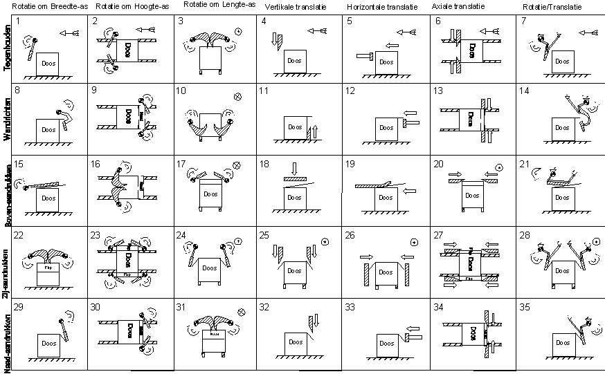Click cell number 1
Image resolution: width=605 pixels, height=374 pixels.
17,21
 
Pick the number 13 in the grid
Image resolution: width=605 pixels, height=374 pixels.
438,91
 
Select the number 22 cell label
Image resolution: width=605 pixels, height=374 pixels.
19,234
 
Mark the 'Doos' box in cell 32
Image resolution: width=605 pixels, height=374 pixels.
296,342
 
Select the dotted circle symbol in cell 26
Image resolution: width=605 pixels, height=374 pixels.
414,241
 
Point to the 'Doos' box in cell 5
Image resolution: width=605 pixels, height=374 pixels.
388,61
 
